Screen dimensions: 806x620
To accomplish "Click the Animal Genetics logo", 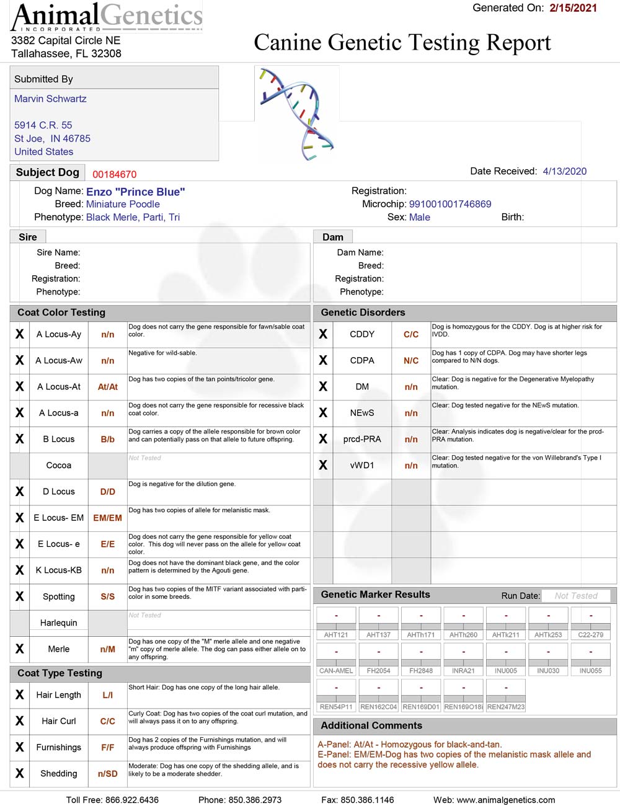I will (107, 17).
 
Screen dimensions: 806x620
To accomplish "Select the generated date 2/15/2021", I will (573, 8).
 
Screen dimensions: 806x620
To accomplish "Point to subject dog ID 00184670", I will (115, 174).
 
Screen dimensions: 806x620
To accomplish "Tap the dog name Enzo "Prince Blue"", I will (135, 192).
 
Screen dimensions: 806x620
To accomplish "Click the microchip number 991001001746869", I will (450, 204).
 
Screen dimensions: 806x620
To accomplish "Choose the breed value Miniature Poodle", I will (123, 204).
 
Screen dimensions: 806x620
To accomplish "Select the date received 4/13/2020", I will (564, 171).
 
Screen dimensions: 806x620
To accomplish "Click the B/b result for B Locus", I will (108, 439).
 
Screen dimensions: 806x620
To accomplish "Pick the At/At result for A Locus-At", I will (108, 387).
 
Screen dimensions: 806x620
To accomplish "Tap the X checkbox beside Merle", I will (20, 649).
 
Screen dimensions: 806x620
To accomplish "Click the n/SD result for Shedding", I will (108, 774).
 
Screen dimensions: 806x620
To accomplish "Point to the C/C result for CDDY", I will (411, 334).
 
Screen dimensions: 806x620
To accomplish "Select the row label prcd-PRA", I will (362, 439).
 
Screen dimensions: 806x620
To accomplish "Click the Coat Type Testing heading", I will (60, 673).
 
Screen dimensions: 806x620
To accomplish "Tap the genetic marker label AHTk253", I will (548, 635).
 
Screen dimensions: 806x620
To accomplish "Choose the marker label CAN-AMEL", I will (336, 671).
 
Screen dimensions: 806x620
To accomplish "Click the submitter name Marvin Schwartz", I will (50, 99).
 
